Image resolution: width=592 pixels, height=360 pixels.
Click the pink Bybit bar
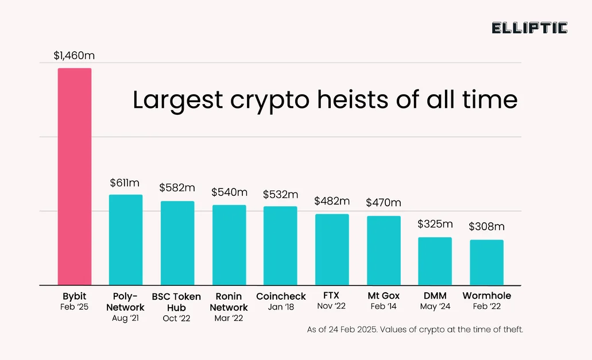pos(74,176)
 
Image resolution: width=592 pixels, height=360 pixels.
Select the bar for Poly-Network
pos(126,239)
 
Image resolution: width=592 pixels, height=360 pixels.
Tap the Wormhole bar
pos(486,262)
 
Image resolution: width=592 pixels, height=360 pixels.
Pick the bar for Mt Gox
pos(384,250)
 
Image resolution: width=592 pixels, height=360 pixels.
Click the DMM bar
pos(435,261)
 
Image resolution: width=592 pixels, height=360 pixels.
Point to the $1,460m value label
pos(73,56)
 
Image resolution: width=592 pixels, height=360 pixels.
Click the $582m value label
pos(177,188)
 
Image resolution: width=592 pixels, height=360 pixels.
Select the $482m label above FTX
pos(331,201)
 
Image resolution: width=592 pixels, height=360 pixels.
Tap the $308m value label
pos(486,227)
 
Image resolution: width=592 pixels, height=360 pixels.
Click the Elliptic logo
pos(529,28)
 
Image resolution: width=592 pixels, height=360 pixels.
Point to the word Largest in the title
pos(177,100)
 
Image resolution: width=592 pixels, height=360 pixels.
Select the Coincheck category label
pos(281,296)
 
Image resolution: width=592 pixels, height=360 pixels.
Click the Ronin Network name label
pos(229,302)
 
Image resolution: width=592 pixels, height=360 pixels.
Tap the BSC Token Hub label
pos(176,302)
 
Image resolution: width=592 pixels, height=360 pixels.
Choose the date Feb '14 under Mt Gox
pos(384,307)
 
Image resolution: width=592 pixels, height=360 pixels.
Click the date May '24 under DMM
pos(435,307)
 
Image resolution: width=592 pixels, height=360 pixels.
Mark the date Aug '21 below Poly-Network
pos(125,318)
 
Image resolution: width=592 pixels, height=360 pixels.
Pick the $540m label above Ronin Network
pos(229,192)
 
